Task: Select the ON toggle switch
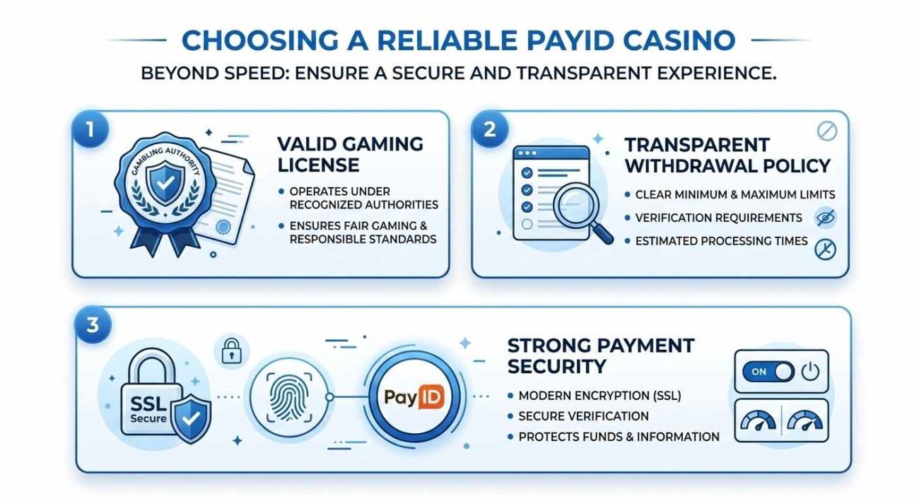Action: [x=767, y=372]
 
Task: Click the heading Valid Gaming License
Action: [x=350, y=154]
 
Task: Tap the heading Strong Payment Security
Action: [x=601, y=355]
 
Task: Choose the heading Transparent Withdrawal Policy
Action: [x=727, y=155]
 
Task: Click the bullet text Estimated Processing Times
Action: [x=721, y=241]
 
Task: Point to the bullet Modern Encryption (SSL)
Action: [x=599, y=396]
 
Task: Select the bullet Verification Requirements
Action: [x=718, y=218]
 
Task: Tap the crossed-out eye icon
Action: [x=825, y=218]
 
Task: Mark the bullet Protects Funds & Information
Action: [x=619, y=437]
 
